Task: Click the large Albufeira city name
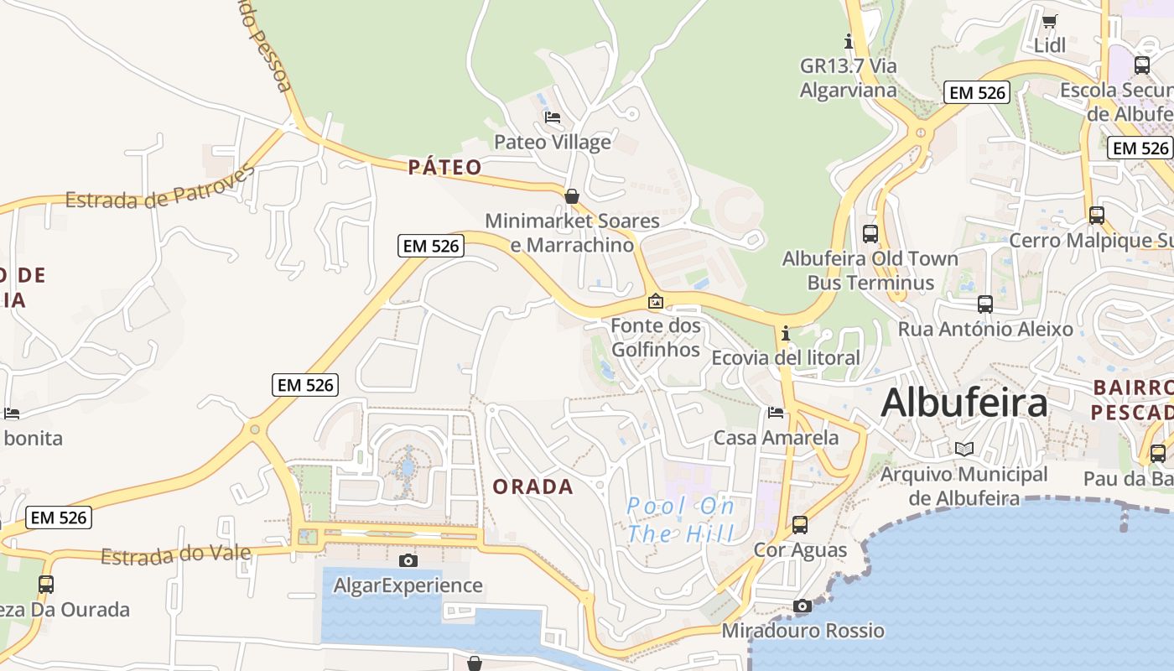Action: pyautogui.click(x=964, y=403)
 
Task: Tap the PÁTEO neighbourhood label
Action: pyautogui.click(x=445, y=167)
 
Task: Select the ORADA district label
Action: pyautogui.click(x=533, y=486)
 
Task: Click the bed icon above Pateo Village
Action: pyautogui.click(x=553, y=117)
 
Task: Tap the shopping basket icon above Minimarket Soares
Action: pyautogui.click(x=572, y=196)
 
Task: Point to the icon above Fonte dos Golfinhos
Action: pyautogui.click(x=656, y=301)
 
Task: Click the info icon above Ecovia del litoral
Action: pyautogui.click(x=786, y=333)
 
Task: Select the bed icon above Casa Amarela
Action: pyautogui.click(x=776, y=413)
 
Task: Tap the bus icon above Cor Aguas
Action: pyautogui.click(x=800, y=525)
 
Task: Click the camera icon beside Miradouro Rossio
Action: pyautogui.click(x=803, y=606)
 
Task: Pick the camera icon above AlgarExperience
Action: pyautogui.click(x=408, y=560)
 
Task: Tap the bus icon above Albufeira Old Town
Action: pyautogui.click(x=870, y=234)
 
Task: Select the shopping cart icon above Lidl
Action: pyautogui.click(x=1050, y=21)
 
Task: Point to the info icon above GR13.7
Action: pyautogui.click(x=849, y=40)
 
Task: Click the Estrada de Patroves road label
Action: pyautogui.click(x=159, y=189)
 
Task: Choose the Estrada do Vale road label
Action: pyautogui.click(x=176, y=554)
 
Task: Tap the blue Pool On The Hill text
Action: pyautogui.click(x=681, y=519)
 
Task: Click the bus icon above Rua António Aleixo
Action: pyautogui.click(x=985, y=304)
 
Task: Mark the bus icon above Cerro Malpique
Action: pyautogui.click(x=1097, y=216)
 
